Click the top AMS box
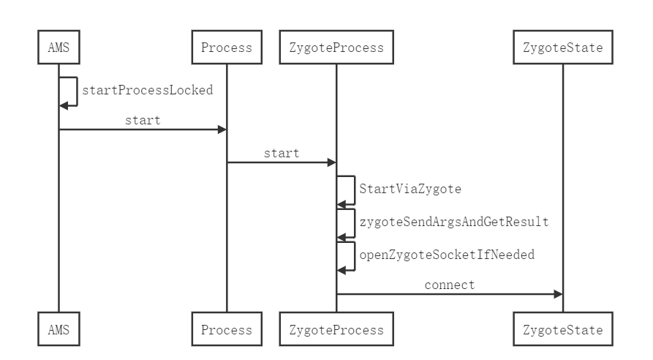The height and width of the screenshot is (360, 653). coord(58,47)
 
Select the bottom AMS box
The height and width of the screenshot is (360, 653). coord(58,329)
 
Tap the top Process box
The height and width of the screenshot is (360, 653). coord(227,47)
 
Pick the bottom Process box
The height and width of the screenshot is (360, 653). coord(227,329)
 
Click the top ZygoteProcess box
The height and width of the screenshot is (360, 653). coord(336,47)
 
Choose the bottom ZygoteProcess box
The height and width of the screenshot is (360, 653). coord(336,329)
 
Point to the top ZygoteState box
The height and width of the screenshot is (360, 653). coord(563,47)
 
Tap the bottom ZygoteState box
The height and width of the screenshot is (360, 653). coord(563,329)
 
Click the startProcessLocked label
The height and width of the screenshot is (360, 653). coord(148,90)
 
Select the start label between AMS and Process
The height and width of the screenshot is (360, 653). coord(143,121)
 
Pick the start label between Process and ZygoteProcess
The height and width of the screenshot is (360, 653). coord(282,154)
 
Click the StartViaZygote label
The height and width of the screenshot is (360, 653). coord(410,189)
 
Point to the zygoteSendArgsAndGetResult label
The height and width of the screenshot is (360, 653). coord(454,222)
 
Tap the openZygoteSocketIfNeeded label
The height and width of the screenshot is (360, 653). coord(447,255)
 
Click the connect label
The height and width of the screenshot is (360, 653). coord(450,285)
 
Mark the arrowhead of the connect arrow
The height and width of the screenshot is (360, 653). coord(559,294)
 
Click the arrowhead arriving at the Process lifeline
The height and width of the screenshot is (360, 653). coord(222,130)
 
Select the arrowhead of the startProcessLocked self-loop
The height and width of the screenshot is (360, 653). coord(64,106)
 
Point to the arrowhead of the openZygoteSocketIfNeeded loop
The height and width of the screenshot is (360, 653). coord(341,271)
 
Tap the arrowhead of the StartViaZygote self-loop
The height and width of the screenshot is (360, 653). coord(341,205)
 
